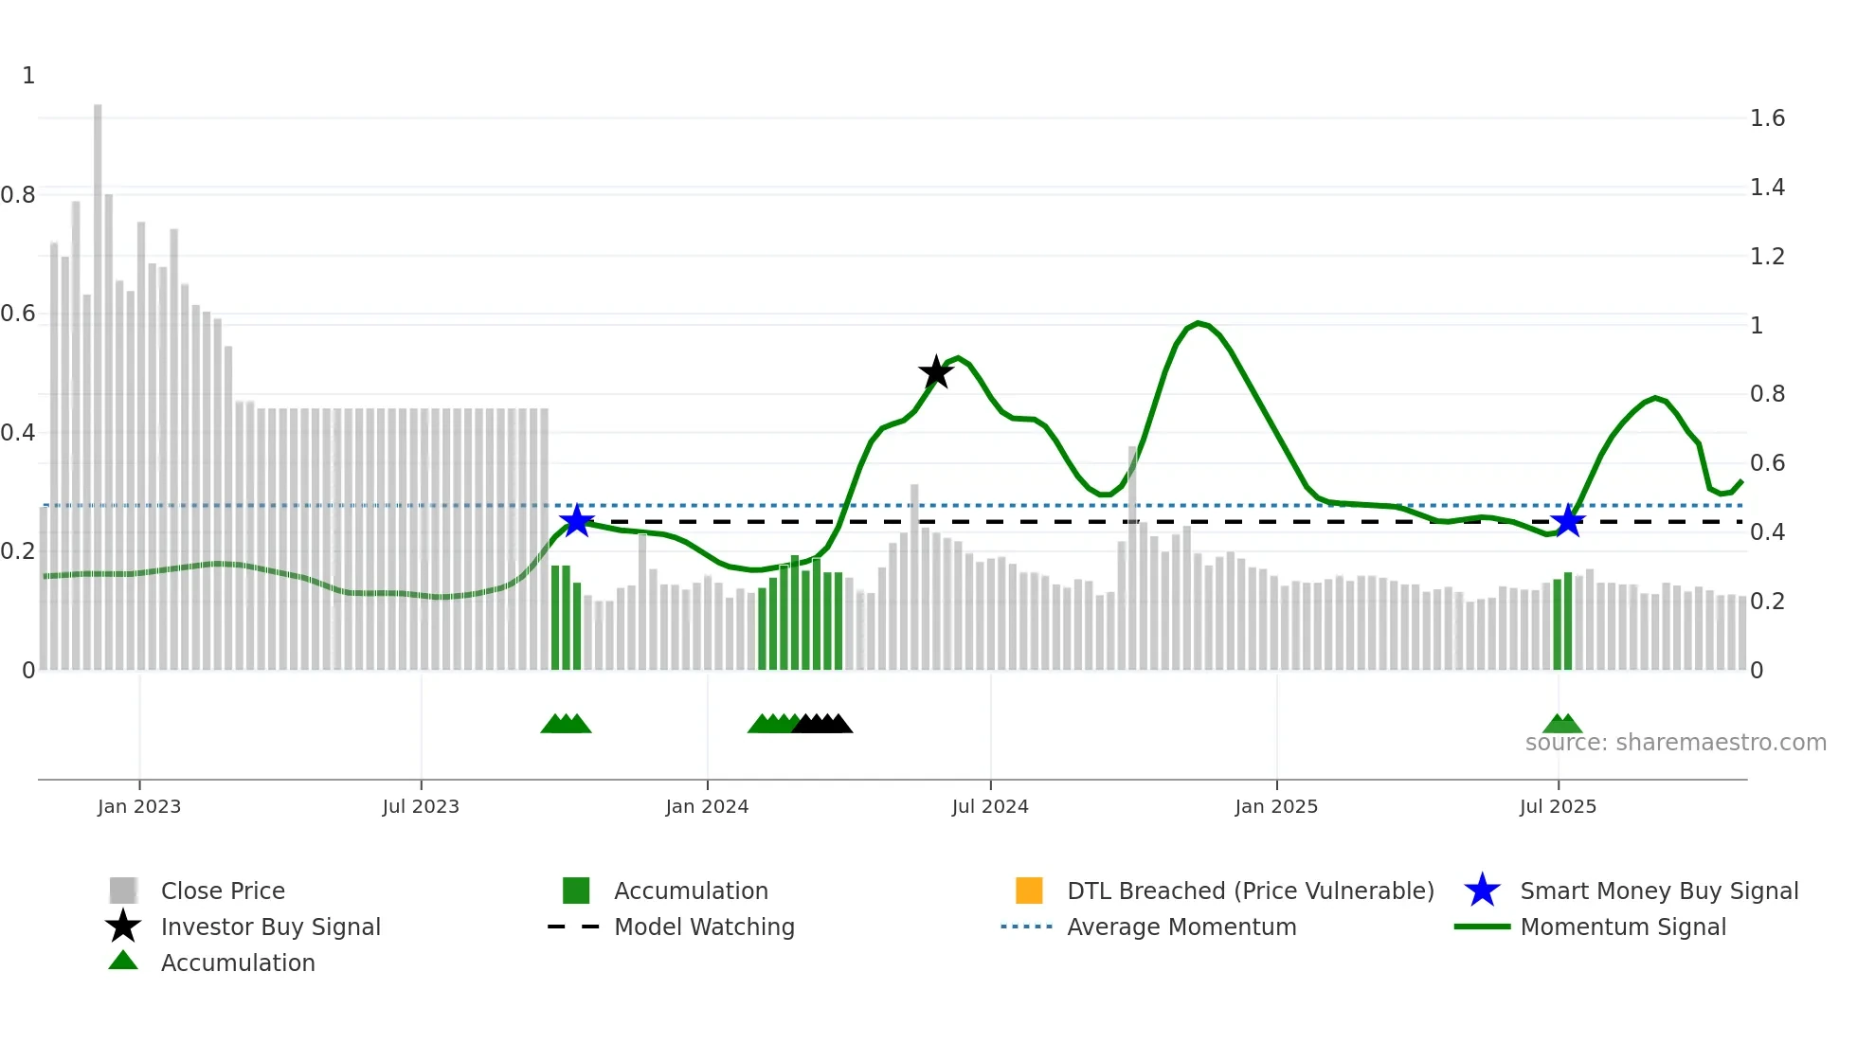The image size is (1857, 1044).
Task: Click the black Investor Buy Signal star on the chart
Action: [936, 372]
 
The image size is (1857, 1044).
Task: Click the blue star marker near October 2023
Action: [576, 521]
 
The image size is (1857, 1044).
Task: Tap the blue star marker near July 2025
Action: [1568, 521]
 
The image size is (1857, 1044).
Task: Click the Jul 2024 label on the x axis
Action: [990, 806]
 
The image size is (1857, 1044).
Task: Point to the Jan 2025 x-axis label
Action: [1276, 806]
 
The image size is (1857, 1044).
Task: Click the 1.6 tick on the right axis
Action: [1767, 118]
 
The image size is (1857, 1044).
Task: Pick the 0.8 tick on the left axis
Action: [18, 195]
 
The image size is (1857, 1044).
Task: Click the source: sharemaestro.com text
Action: [1675, 743]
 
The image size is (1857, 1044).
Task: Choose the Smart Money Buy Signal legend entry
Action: [1658, 891]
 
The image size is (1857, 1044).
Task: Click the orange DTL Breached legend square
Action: [1029, 891]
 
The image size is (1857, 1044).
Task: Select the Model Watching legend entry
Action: [703, 927]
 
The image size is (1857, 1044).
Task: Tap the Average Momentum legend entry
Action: [1181, 927]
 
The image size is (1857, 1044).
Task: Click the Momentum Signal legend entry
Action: [1622, 927]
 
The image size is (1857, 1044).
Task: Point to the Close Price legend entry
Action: [222, 891]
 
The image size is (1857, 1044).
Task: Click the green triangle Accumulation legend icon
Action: [123, 961]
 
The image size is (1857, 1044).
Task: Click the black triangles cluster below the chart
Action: [822, 724]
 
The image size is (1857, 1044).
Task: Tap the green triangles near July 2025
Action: [1562, 724]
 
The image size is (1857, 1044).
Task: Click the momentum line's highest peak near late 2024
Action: [1199, 323]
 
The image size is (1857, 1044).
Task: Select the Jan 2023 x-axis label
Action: [139, 806]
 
